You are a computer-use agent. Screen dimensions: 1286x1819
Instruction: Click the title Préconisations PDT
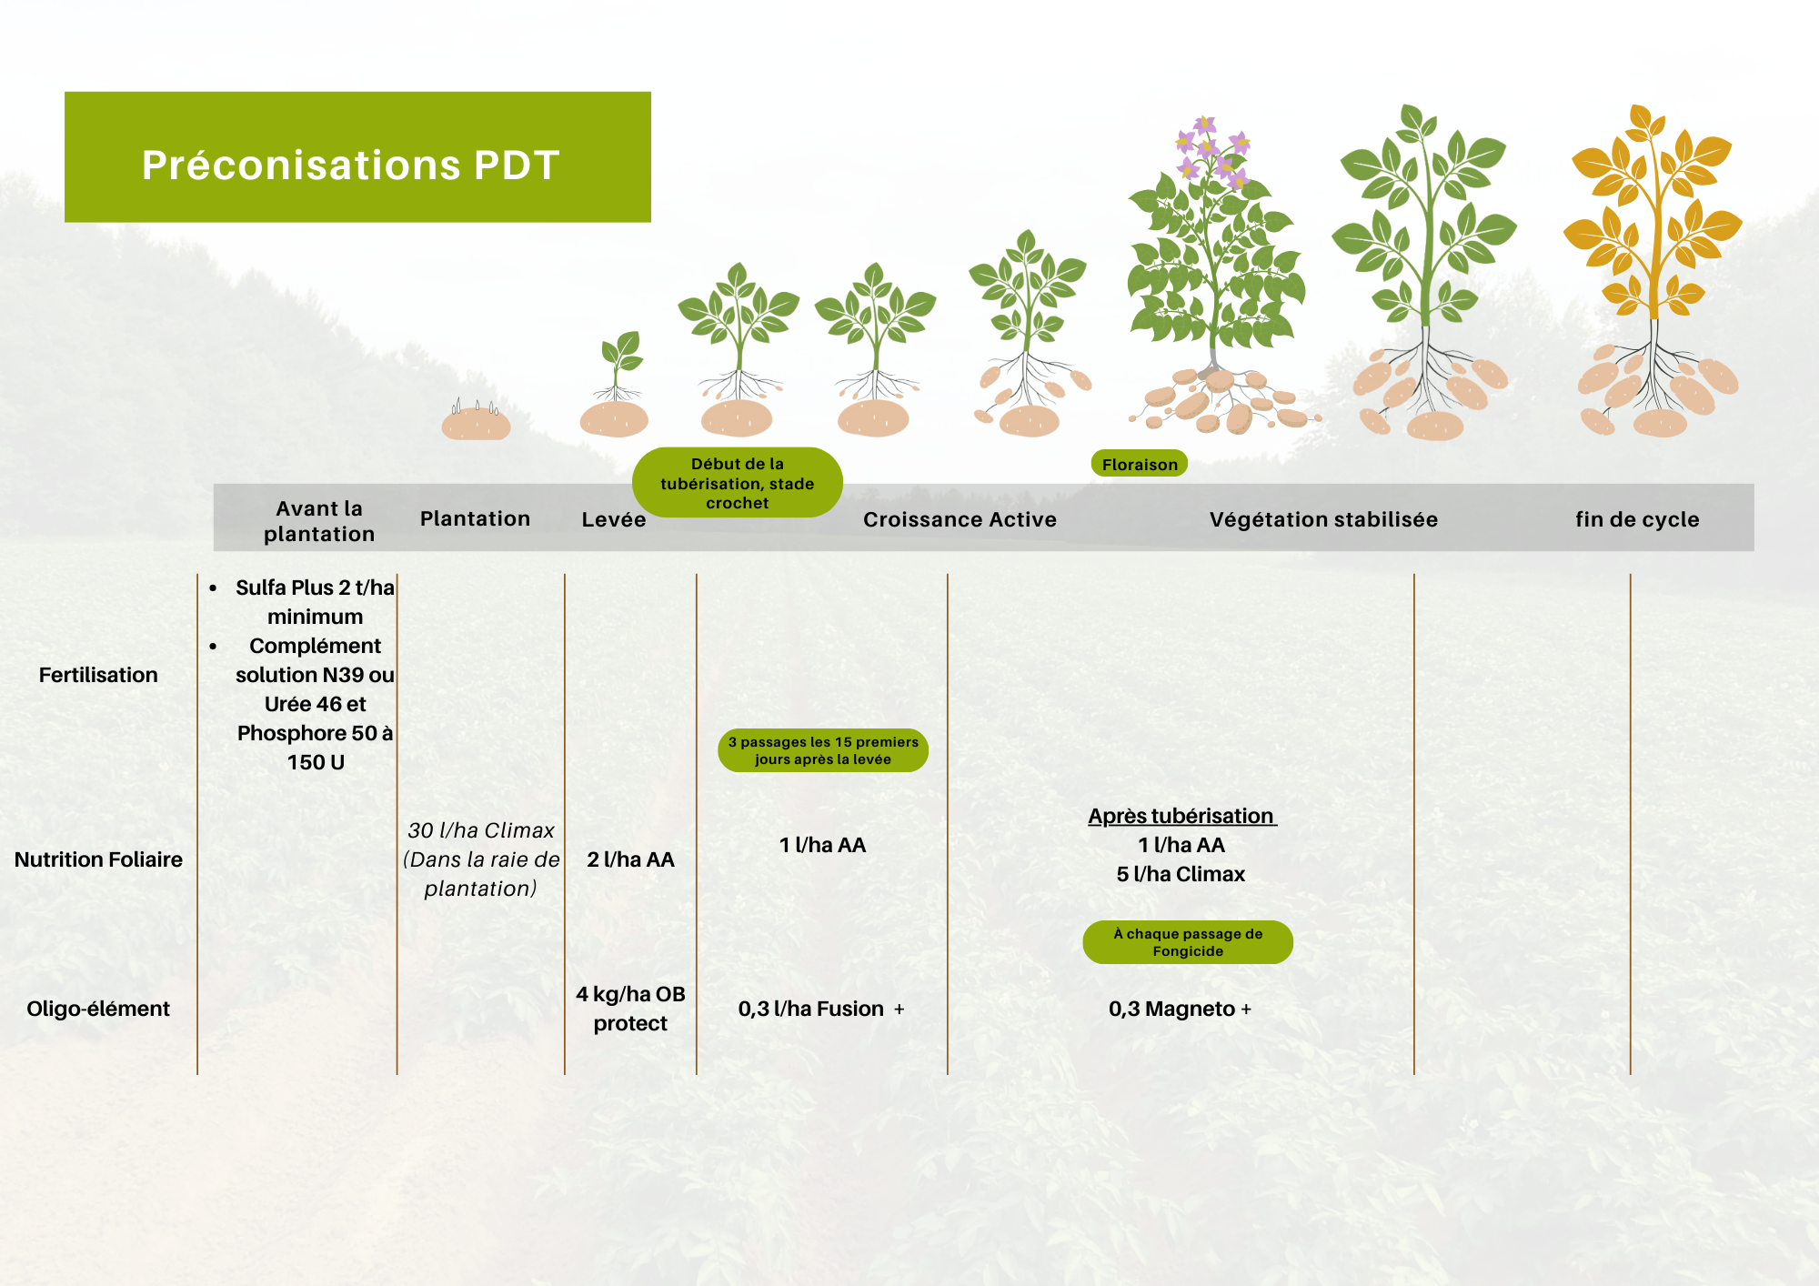coord(350,166)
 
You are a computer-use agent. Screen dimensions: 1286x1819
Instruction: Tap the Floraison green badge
coord(1139,464)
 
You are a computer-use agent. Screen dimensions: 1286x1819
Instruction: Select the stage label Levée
coord(614,519)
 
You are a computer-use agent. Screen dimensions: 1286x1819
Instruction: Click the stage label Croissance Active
coord(960,519)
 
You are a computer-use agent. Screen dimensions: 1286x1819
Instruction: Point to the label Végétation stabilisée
coord(1323,519)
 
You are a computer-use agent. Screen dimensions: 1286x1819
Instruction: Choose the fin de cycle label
coord(1637,519)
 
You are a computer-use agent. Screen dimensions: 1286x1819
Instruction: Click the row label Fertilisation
coord(98,675)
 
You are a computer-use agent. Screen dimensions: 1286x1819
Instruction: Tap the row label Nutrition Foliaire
coord(98,859)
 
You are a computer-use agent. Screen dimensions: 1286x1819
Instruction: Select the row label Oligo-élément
coord(98,1009)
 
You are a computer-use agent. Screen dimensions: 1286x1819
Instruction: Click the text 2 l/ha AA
coord(630,859)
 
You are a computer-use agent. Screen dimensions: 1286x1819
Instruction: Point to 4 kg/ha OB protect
coord(630,1009)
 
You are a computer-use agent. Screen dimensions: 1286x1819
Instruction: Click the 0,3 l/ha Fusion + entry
coord(821,1009)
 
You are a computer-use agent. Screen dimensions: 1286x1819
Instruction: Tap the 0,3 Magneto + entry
coord(1180,1009)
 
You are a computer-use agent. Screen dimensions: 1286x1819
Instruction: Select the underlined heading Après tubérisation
coord(1181,816)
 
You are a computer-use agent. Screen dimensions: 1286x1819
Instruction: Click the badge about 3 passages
coord(823,750)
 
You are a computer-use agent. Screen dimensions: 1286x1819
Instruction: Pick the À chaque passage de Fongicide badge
coord(1188,942)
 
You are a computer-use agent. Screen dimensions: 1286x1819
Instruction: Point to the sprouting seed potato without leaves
coord(476,421)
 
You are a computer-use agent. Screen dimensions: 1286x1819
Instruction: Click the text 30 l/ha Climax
coord(481,830)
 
